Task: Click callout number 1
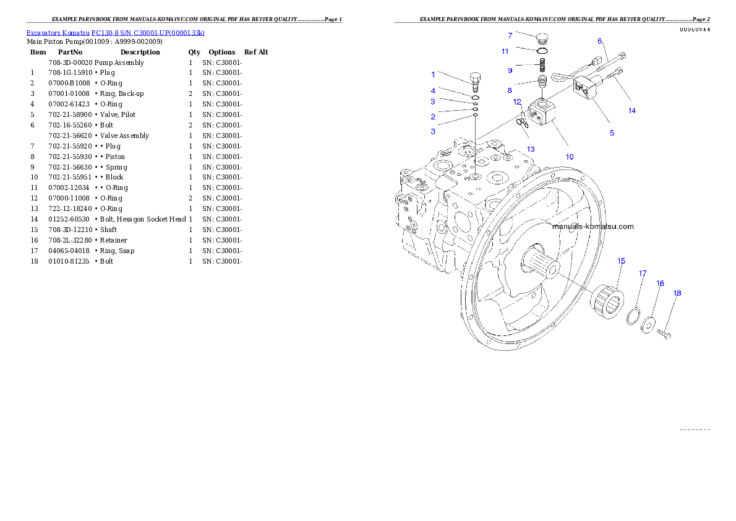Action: point(433,74)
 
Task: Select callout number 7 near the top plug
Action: point(510,35)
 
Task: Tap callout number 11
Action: point(505,51)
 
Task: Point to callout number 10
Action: point(570,157)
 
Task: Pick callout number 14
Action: point(632,111)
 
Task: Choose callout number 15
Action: point(622,261)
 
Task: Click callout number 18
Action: point(677,293)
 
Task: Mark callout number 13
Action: point(531,149)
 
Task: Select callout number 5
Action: point(612,133)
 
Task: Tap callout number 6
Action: point(599,41)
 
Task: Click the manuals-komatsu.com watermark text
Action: point(593,226)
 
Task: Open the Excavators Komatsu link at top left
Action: point(115,33)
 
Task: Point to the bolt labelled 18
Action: point(664,335)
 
